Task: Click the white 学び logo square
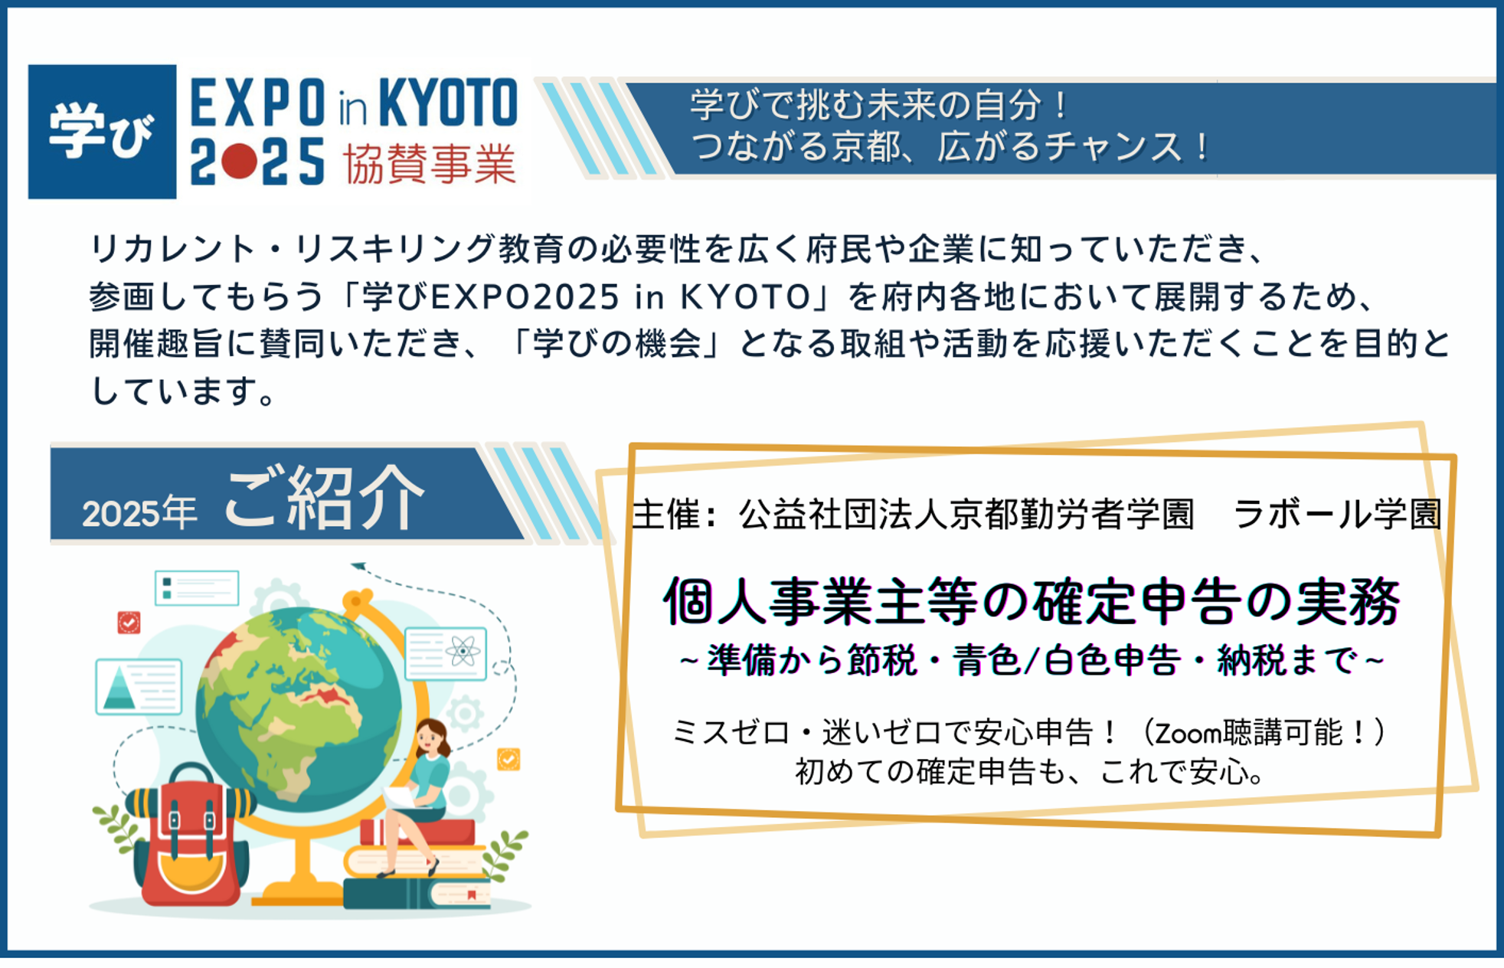pyautogui.click(x=102, y=132)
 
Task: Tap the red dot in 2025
pyautogui.click(x=240, y=162)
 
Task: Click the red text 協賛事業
pyautogui.click(x=429, y=163)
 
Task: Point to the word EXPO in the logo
pyautogui.click(x=257, y=103)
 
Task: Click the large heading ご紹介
pyautogui.click(x=324, y=499)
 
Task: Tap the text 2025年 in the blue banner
pyautogui.click(x=139, y=512)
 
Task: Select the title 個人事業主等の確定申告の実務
pyautogui.click(x=1032, y=602)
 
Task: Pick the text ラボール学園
pyautogui.click(x=1337, y=513)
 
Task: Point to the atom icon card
pyautogui.click(x=446, y=653)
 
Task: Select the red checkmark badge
pyautogui.click(x=129, y=623)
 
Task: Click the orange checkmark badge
pyautogui.click(x=508, y=759)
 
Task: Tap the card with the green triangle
pyautogui.click(x=139, y=687)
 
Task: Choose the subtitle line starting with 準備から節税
pyautogui.click(x=1032, y=661)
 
